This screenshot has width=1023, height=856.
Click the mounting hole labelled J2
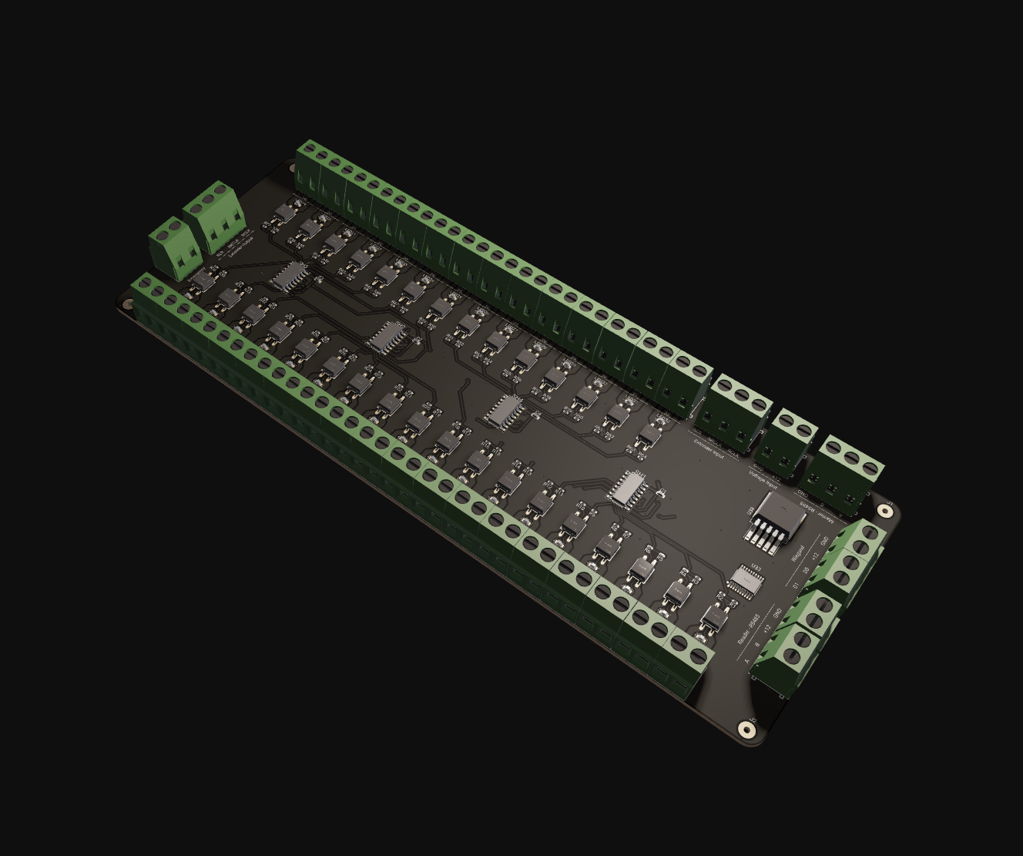pos(745,729)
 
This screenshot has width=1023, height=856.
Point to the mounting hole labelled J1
pos(884,511)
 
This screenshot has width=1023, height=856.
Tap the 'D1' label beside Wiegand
pos(797,586)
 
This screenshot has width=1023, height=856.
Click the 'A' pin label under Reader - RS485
pos(747,661)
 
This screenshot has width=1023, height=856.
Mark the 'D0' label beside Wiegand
pos(806,570)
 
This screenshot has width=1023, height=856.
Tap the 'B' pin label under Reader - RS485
pos(757,643)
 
